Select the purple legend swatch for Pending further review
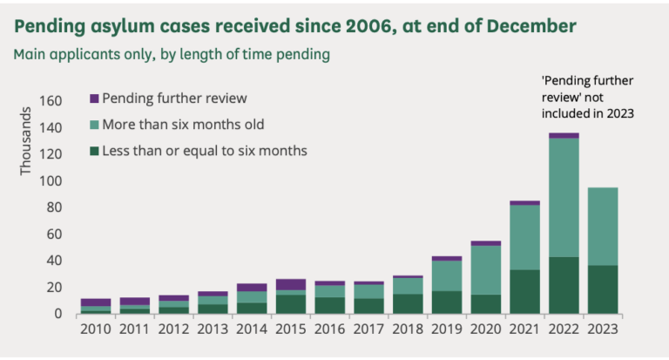point(95,98)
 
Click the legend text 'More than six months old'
point(183,124)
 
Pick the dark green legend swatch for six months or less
point(95,151)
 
